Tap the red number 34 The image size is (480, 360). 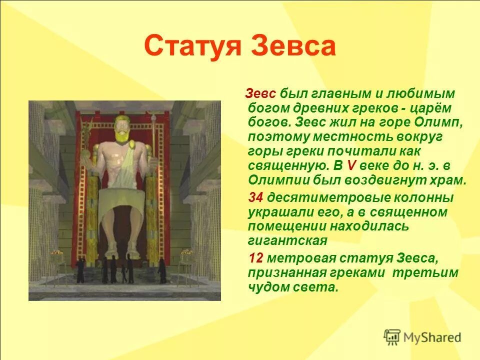pos(256,198)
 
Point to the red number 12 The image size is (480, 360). pos(256,258)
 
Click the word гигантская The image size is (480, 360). pos(287,241)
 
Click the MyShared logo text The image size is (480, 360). pos(433,337)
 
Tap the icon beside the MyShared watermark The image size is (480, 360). pos(392,337)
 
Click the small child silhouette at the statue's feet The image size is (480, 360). pos(123,274)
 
